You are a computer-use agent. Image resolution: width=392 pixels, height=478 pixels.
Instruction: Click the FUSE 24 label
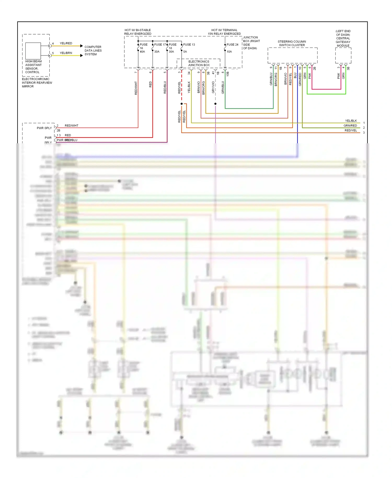pyautogui.click(x=232, y=45)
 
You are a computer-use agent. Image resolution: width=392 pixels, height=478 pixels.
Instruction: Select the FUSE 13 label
pyautogui.click(x=189, y=45)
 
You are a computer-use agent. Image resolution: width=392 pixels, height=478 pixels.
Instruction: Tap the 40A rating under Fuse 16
pyautogui.click(x=142, y=52)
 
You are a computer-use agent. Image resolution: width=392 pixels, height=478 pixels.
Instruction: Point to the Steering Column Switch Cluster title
pyautogui.click(x=292, y=43)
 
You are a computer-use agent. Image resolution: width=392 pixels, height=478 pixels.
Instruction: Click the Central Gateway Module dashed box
pyautogui.click(x=343, y=55)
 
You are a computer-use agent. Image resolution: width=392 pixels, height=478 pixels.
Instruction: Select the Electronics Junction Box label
pyautogui.click(x=199, y=63)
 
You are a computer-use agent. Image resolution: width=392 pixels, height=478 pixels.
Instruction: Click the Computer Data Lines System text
pyautogui.click(x=93, y=51)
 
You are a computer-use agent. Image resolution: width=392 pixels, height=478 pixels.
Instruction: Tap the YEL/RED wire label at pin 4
pyautogui.click(x=66, y=43)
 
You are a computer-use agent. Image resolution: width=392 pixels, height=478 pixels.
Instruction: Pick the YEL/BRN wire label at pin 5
pyautogui.click(x=66, y=53)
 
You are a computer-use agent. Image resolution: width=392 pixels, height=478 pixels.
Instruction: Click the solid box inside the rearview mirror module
pyautogui.click(x=33, y=51)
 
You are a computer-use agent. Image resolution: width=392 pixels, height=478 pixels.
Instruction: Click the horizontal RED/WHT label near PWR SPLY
pyautogui.click(x=71, y=126)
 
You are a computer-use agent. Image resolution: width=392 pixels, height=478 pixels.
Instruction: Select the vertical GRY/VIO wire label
pyautogui.click(x=213, y=87)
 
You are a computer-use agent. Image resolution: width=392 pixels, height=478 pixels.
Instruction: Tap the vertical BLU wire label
pyautogui.click(x=295, y=76)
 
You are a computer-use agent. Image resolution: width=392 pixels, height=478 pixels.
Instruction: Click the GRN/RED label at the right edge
pyautogui.click(x=350, y=126)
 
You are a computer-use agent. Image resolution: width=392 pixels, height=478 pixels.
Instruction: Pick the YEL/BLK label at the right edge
pyautogui.click(x=351, y=121)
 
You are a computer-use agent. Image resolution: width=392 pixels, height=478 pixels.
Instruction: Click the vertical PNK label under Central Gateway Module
pyautogui.click(x=339, y=76)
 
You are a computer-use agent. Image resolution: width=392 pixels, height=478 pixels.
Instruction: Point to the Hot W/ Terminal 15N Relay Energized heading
pyautogui.click(x=224, y=32)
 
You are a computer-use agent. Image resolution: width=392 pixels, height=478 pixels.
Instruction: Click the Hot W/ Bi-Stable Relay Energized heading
pyautogui.click(x=138, y=32)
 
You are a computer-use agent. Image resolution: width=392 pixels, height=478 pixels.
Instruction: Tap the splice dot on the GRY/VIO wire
pyautogui.click(x=215, y=104)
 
